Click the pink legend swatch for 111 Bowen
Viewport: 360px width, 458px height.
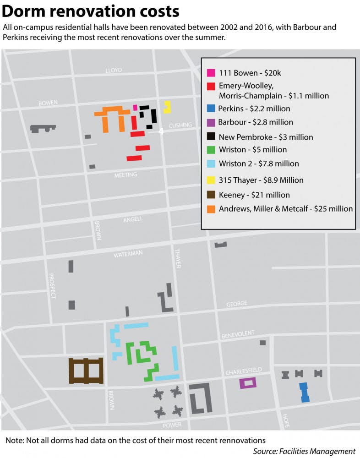pyautogui.click(x=211, y=73)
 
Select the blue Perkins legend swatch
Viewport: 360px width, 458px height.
pyautogui.click(x=211, y=109)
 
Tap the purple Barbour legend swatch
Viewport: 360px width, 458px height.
pyautogui.click(x=211, y=122)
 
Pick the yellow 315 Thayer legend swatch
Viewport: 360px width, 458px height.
pyautogui.click(x=211, y=180)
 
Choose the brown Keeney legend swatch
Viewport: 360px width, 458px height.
pyautogui.click(x=211, y=195)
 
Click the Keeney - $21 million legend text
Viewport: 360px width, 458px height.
pyautogui.click(x=254, y=195)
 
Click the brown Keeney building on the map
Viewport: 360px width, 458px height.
pyautogui.click(x=86, y=370)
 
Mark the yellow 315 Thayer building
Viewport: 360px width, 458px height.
pyautogui.click(x=167, y=107)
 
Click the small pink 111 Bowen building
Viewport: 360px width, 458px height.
pyautogui.click(x=135, y=107)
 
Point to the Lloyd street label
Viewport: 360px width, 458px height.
pyautogui.click(x=114, y=70)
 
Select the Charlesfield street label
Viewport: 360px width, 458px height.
pyautogui.click(x=243, y=372)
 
